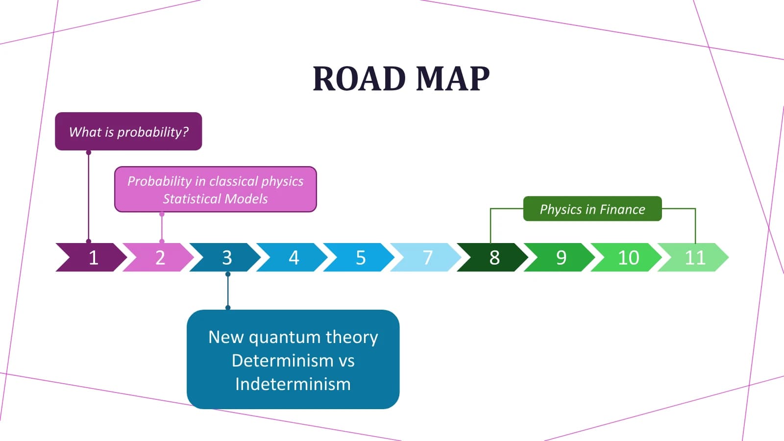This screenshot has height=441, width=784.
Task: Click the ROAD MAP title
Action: [401, 78]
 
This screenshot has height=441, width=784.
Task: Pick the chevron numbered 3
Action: [225, 257]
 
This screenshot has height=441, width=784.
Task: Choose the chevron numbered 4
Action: [292, 257]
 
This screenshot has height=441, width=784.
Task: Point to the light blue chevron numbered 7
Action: [426, 257]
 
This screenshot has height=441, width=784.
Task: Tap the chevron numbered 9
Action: [560, 257]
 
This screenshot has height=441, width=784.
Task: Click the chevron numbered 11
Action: [693, 257]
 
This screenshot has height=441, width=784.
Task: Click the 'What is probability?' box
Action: [128, 131]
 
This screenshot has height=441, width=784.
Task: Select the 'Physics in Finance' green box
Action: [592, 209]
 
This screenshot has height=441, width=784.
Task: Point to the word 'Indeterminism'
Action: [293, 384]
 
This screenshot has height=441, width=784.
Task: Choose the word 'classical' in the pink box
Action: [233, 181]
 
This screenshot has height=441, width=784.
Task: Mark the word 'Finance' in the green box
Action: [622, 209]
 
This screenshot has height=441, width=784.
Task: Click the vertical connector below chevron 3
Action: [228, 291]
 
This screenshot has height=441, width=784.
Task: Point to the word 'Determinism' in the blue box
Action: [283, 361]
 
